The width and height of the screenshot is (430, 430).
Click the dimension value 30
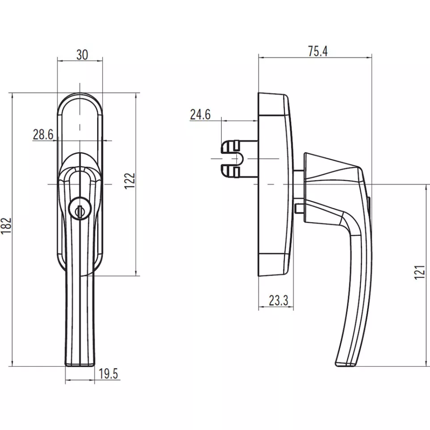tap(81, 55)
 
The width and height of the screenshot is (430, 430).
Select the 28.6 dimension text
tap(43, 134)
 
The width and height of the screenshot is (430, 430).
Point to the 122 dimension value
tap(130, 181)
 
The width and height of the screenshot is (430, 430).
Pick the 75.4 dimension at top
tap(318, 51)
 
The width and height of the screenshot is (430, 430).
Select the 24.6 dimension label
tap(200, 115)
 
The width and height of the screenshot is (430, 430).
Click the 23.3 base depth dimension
tap(278, 300)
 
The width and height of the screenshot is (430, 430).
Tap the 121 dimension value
tap(420, 272)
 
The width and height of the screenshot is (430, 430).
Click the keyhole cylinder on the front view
tap(80, 209)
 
